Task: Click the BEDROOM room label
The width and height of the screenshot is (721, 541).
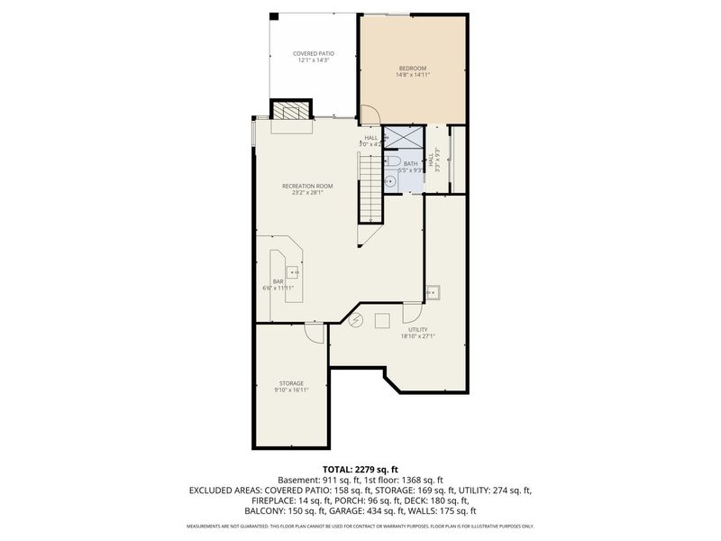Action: point(413,71)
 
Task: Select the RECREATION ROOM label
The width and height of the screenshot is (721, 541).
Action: point(313,188)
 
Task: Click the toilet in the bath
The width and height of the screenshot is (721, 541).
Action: point(394,162)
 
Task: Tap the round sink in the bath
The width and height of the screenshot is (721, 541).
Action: point(390,180)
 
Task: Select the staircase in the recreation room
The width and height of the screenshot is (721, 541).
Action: point(371,188)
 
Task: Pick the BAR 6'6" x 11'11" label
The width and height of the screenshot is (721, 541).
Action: point(278,285)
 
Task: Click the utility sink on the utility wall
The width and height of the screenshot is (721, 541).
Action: point(434,292)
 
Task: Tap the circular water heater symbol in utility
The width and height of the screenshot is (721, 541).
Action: point(356,320)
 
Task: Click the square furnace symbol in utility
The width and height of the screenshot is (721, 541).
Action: point(382,319)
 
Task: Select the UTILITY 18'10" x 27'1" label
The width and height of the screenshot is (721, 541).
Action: point(418,333)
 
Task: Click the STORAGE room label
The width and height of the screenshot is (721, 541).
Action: point(291,386)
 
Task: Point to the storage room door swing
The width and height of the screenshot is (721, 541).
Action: point(315,333)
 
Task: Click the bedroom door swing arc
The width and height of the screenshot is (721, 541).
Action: point(370,115)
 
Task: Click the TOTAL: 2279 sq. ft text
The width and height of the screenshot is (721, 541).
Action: point(360,470)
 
